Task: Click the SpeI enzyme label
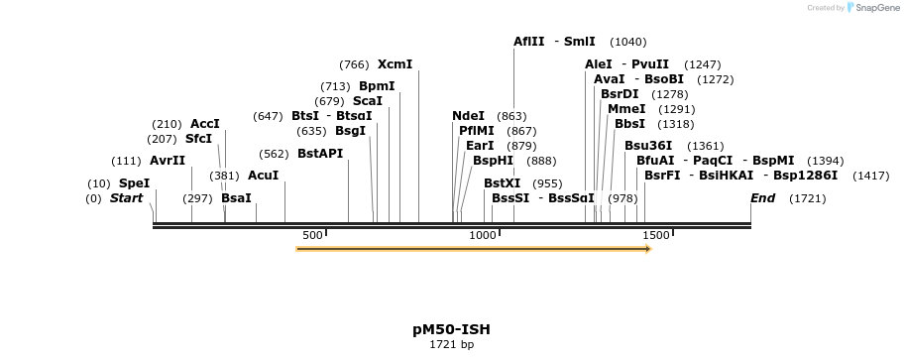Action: (134, 183)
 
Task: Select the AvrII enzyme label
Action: (168, 161)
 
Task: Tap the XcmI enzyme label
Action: (395, 64)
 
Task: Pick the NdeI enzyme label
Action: (468, 116)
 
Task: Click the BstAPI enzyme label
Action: (320, 154)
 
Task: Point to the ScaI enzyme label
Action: (367, 101)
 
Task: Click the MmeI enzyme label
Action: (626, 109)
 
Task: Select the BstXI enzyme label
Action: (502, 183)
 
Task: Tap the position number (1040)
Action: (628, 42)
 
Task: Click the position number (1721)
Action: (807, 199)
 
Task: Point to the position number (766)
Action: (354, 64)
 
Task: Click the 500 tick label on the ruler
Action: (312, 235)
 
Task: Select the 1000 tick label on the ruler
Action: (483, 235)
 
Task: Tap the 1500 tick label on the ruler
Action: (656, 235)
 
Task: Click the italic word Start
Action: (126, 198)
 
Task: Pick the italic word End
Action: (762, 198)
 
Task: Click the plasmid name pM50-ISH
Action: (451, 329)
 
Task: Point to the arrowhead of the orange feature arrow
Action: (646, 249)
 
